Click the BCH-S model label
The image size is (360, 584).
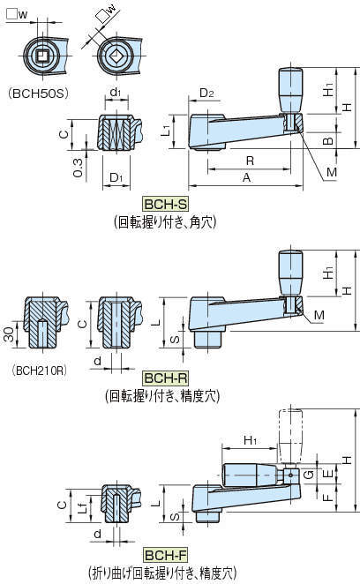tap(165, 204)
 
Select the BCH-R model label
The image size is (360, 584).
tap(165, 378)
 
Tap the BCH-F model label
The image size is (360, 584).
tap(165, 555)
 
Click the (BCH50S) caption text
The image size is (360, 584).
tap(39, 94)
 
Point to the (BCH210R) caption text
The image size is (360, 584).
tap(40, 371)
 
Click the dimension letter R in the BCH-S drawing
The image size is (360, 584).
tap(250, 161)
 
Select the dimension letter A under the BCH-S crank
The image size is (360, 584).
tap(246, 177)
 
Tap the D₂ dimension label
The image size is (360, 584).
tap(206, 93)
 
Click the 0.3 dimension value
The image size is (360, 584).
tap(78, 168)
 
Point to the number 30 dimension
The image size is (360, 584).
tap(9, 334)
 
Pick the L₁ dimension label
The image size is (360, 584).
tap(166, 130)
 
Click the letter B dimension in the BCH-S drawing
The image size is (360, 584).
tap(327, 141)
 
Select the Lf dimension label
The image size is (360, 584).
tap(84, 505)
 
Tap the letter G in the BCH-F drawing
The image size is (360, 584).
tap(309, 475)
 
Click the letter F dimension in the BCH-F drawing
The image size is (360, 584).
tap(327, 497)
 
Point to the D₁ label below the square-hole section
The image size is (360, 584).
tap(116, 177)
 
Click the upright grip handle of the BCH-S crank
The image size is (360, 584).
tap(290, 90)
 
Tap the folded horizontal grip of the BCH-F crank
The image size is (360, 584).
tap(251, 475)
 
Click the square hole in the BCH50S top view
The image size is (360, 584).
tap(42, 56)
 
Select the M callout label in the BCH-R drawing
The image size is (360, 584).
tap(319, 315)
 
